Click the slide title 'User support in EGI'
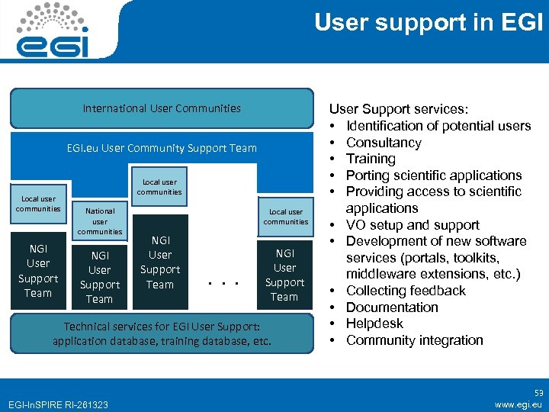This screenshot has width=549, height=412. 429,23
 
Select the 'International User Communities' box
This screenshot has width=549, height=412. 162,108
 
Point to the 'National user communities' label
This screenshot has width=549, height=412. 100,220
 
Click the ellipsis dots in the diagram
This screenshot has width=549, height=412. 224,285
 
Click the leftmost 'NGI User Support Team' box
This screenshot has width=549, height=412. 38,271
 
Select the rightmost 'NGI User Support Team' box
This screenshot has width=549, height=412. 284,275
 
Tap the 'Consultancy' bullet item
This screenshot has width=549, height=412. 384,143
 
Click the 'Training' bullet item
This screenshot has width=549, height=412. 371,159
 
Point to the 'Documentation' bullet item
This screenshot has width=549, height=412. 392,307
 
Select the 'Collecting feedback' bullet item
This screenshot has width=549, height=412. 406,291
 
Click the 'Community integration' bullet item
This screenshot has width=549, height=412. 415,340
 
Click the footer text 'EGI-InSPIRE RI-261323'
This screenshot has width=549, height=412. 57,404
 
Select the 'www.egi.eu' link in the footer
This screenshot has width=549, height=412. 518,404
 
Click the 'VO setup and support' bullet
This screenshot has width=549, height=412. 413,225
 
